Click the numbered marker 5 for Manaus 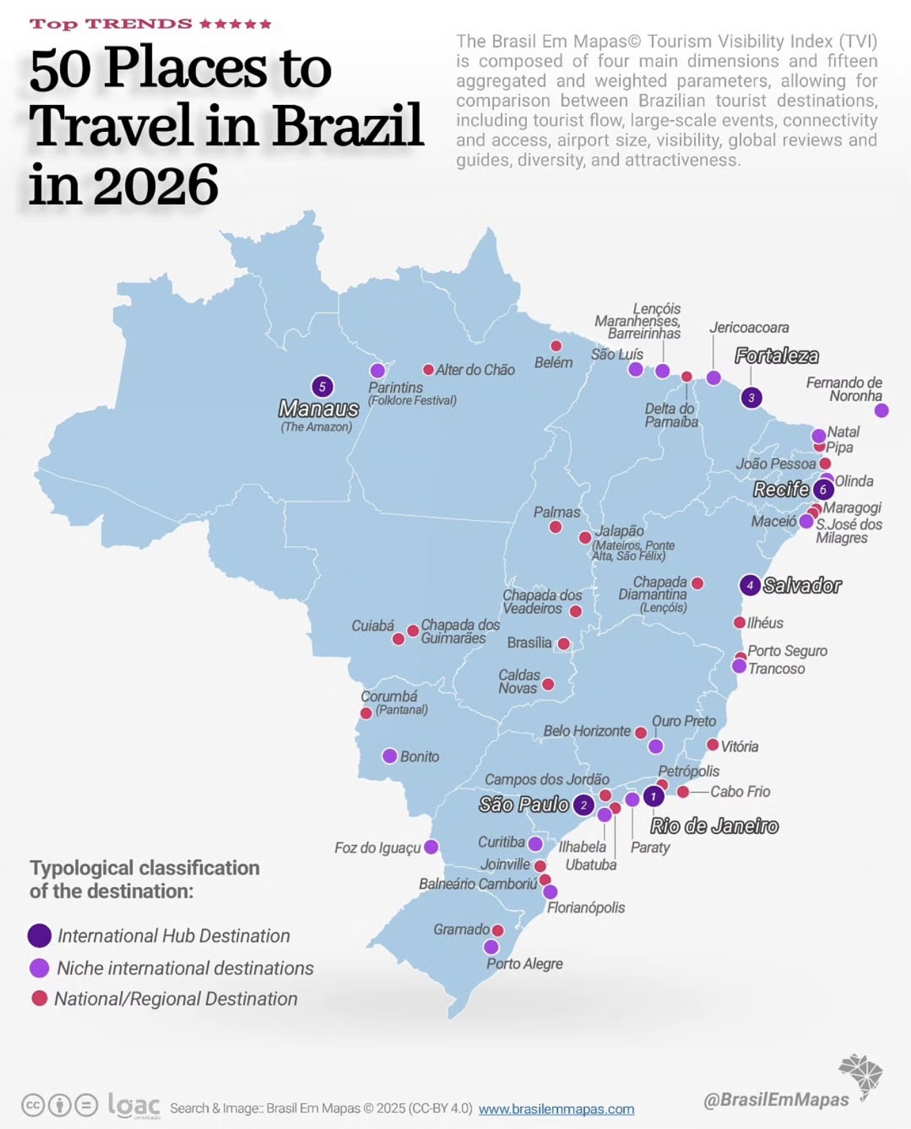click(322, 387)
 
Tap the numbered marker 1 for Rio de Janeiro click(653, 796)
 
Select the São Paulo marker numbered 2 click(584, 804)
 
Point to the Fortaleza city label click(776, 356)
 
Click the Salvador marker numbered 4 click(750, 585)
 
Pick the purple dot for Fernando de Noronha click(881, 410)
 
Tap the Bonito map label click(419, 756)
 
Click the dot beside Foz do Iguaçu click(431, 847)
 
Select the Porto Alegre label click(524, 963)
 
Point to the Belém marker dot click(556, 346)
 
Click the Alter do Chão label click(475, 369)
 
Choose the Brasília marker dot click(564, 644)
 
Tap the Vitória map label click(739, 746)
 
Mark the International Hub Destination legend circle click(39, 936)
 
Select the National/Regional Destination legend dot click(39, 998)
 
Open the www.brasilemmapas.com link click(556, 1109)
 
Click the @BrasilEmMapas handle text click(776, 1099)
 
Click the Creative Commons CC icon click(32, 1105)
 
